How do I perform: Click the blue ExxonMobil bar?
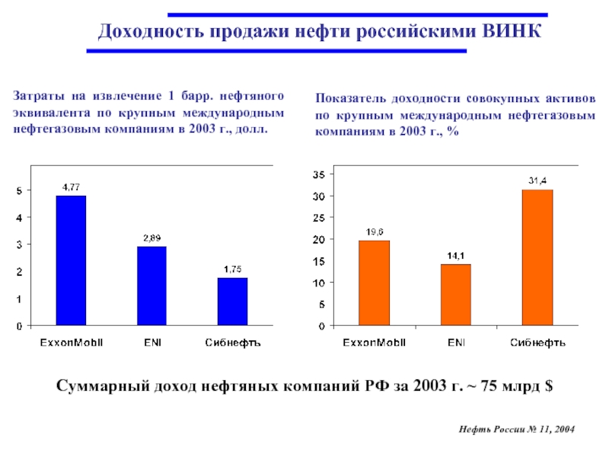click(x=71, y=260)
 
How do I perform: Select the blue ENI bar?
click(x=151, y=286)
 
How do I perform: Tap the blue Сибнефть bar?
click(x=232, y=302)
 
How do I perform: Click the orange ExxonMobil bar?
click(x=374, y=283)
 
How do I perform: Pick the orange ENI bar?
click(x=455, y=295)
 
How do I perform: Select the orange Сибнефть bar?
click(x=537, y=257)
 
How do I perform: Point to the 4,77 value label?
click(x=71, y=187)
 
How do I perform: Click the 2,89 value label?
click(x=151, y=238)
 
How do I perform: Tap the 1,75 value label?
click(x=232, y=269)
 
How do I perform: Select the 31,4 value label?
click(x=537, y=181)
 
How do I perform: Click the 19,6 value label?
click(x=374, y=232)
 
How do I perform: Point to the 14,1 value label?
click(x=455, y=255)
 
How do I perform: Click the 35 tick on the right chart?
click(x=319, y=174)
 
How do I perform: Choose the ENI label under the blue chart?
click(x=151, y=342)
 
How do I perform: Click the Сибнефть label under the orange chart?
click(x=537, y=342)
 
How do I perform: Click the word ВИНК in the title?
click(x=512, y=32)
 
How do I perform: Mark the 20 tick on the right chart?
click(x=319, y=240)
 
